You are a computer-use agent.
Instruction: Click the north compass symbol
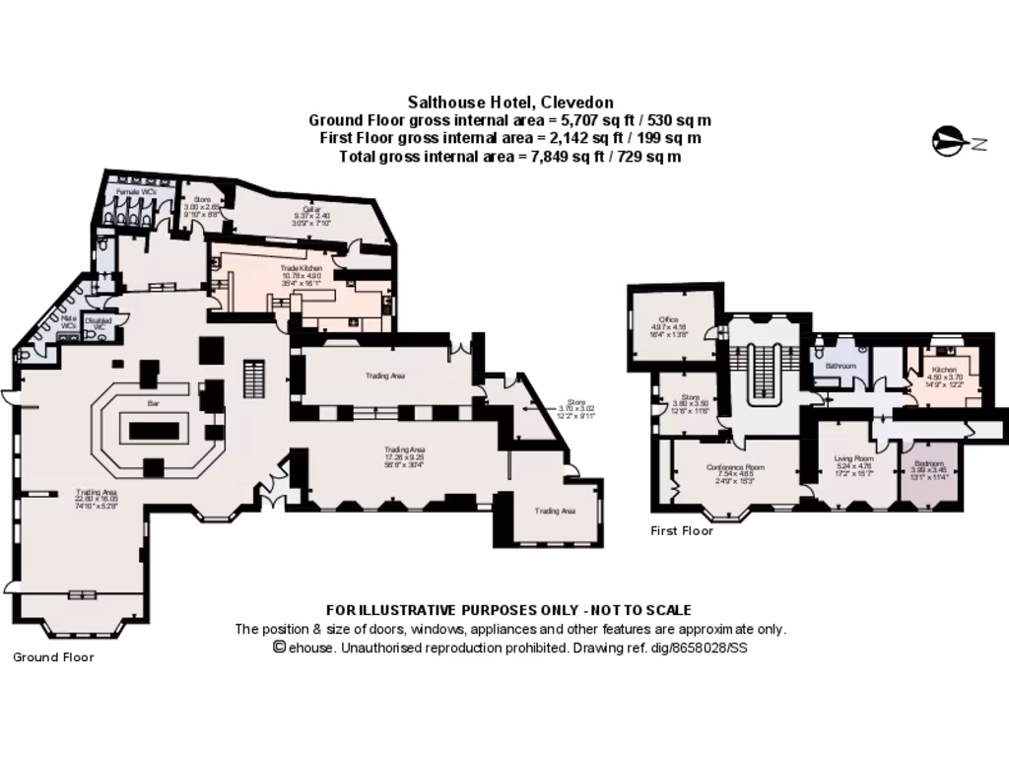950,142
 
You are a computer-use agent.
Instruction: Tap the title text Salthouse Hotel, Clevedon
510,102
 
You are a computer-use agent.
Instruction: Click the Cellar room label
312,210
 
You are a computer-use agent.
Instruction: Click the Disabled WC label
99,320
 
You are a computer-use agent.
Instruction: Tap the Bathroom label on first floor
841,366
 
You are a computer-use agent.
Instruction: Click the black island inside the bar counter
153,430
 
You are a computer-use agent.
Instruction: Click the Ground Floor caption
53,656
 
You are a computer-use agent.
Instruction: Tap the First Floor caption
682,530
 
